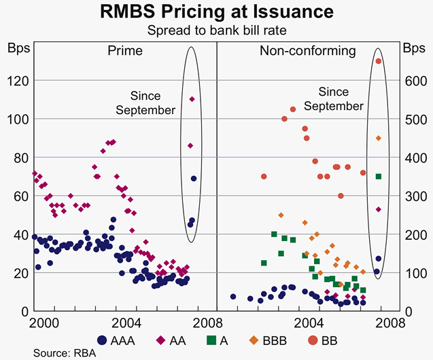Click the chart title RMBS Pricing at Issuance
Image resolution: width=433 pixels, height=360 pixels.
pos(216,12)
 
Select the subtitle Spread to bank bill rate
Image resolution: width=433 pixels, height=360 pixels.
pos(216,30)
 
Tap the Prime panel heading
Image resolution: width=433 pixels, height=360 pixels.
pos(124,51)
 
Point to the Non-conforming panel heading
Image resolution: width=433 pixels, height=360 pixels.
pos(307,51)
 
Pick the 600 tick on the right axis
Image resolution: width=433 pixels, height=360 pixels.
pos(414,81)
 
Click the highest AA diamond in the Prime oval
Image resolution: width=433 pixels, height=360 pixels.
pos(192,99)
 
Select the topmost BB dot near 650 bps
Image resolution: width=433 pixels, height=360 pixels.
pos(379,61)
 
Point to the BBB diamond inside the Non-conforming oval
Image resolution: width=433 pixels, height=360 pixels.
pos(379,138)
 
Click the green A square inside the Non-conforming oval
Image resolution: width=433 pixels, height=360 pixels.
pos(379,177)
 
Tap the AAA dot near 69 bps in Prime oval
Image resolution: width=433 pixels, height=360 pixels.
pos(194,179)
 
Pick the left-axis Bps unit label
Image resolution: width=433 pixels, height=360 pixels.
pos(16,48)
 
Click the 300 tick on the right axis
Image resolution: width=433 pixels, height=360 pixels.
pos(414,196)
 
